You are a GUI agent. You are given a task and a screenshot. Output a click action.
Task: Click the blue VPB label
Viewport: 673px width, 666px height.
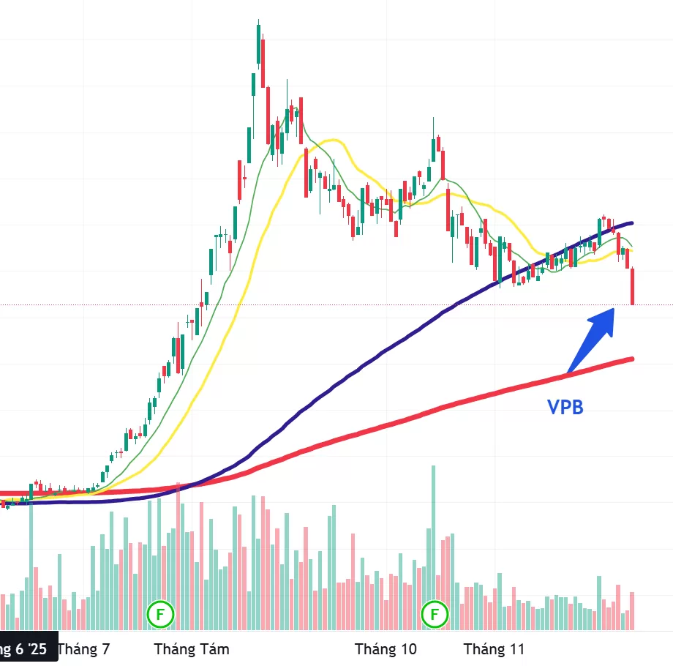pos(565,407)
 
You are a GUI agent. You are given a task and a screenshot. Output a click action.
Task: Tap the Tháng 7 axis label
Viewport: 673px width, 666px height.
pos(83,648)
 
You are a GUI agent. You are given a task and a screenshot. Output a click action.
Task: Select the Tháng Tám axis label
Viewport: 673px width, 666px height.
pos(192,648)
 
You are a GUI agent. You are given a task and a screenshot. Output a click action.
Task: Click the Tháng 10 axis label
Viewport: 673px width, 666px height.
pos(386,648)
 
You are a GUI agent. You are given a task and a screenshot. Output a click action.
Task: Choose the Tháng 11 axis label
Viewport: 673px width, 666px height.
pos(495,648)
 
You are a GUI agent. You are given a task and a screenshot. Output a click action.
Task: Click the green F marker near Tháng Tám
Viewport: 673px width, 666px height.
pos(159,615)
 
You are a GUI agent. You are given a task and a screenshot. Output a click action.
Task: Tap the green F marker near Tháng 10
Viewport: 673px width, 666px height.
pos(435,615)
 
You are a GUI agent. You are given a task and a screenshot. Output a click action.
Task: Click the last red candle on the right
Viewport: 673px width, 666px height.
pos(632,286)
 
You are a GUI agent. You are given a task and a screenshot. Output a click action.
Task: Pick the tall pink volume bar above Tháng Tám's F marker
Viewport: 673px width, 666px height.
pos(178,556)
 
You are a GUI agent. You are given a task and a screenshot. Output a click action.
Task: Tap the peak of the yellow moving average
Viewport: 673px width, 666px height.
pos(334,140)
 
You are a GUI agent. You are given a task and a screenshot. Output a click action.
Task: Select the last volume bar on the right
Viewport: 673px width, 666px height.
pos(631,611)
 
